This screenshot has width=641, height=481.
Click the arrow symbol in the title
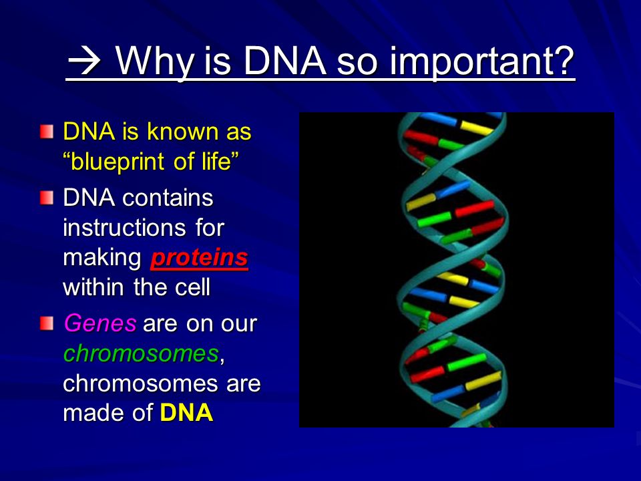[85, 61]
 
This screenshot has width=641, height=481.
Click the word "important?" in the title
[481, 61]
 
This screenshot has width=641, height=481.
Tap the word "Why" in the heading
[154, 61]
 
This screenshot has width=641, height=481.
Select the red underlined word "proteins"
[200, 259]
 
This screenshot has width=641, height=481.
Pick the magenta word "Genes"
[99, 323]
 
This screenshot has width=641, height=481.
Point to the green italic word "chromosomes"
[141, 353]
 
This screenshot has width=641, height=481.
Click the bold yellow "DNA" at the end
[186, 413]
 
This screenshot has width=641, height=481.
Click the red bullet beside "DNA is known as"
[47, 132]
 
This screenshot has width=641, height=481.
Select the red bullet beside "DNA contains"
[47, 198]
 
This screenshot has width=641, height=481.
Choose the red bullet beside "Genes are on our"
[47, 323]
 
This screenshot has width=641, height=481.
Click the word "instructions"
[124, 228]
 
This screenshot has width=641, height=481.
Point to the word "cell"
[192, 287]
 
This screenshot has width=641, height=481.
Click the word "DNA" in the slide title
[285, 61]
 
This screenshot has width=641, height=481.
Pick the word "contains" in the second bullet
[168, 198]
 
